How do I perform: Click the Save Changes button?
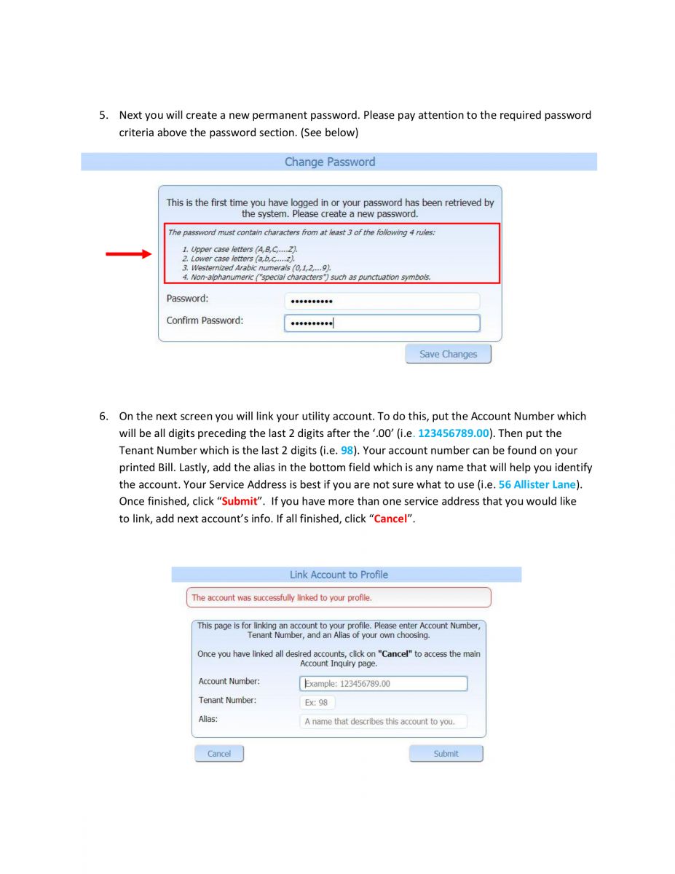pyautogui.click(x=448, y=354)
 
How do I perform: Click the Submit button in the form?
pyautogui.click(x=446, y=753)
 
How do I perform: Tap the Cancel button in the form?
pyautogui.click(x=218, y=753)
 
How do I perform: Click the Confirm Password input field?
pyautogui.click(x=382, y=323)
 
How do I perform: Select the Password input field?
pyautogui.click(x=382, y=301)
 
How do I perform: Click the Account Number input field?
pyautogui.click(x=383, y=684)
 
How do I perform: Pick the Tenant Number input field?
pyautogui.click(x=317, y=703)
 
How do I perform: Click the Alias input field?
pyautogui.click(x=383, y=722)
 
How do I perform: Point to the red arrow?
pyautogui.click(x=128, y=253)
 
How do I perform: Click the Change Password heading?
pyautogui.click(x=330, y=162)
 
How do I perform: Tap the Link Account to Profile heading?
pyautogui.click(x=339, y=575)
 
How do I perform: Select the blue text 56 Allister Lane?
pyautogui.click(x=537, y=484)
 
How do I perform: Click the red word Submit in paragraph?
pyautogui.click(x=240, y=502)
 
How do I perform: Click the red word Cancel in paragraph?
pyautogui.click(x=390, y=519)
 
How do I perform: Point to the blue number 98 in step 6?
pyautogui.click(x=347, y=450)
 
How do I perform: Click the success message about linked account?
pyautogui.click(x=282, y=598)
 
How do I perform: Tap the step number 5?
pyautogui.click(x=103, y=115)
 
